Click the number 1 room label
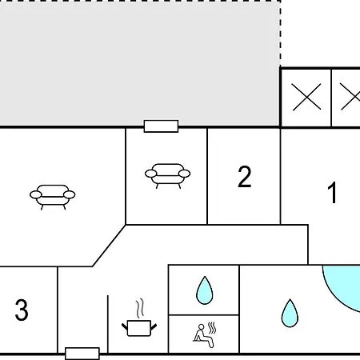(x=332, y=193)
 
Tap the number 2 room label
(x=244, y=177)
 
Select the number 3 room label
(x=22, y=310)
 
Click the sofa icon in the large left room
(x=53, y=197)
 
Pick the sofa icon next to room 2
(x=167, y=176)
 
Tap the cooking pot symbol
(x=139, y=328)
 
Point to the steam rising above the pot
(x=140, y=308)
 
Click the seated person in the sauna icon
(x=203, y=336)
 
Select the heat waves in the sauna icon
(x=212, y=328)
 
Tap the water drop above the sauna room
(x=205, y=290)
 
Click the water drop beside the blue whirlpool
(x=290, y=314)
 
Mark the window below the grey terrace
(x=161, y=126)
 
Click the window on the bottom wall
(x=82, y=354)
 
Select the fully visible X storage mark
(x=306, y=97)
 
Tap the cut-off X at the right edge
(x=350, y=97)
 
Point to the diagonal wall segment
(x=109, y=246)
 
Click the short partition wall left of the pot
(x=108, y=324)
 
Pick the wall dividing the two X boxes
(x=331, y=98)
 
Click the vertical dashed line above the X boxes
(x=280, y=34)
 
